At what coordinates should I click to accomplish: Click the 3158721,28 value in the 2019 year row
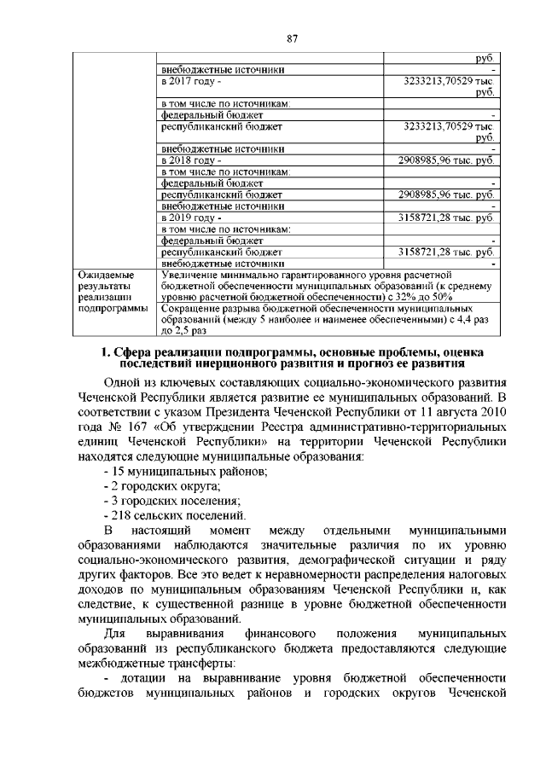[x=447, y=218]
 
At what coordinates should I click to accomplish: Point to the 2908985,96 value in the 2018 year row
[x=447, y=160]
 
